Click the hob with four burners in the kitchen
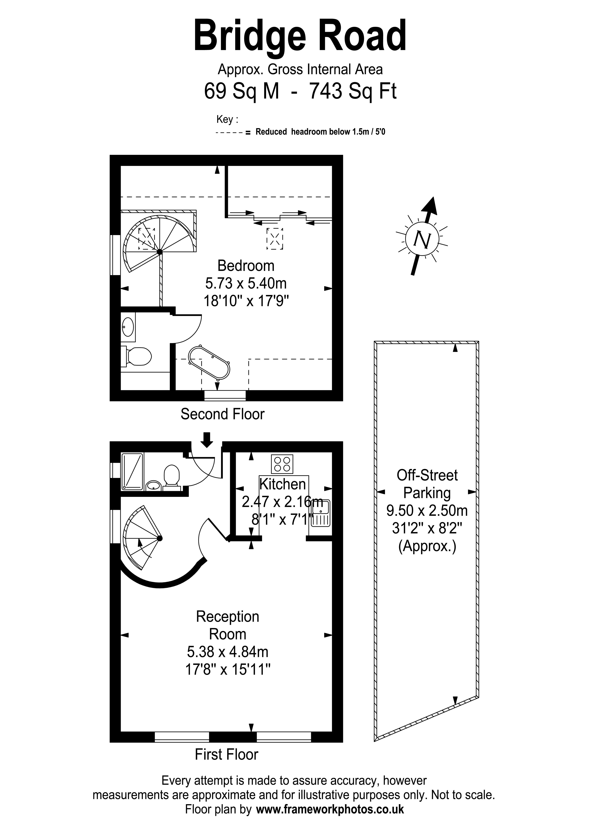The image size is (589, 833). pyautogui.click(x=282, y=464)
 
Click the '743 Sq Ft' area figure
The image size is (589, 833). pyautogui.click(x=352, y=91)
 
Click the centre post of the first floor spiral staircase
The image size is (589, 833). pyautogui.click(x=160, y=538)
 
